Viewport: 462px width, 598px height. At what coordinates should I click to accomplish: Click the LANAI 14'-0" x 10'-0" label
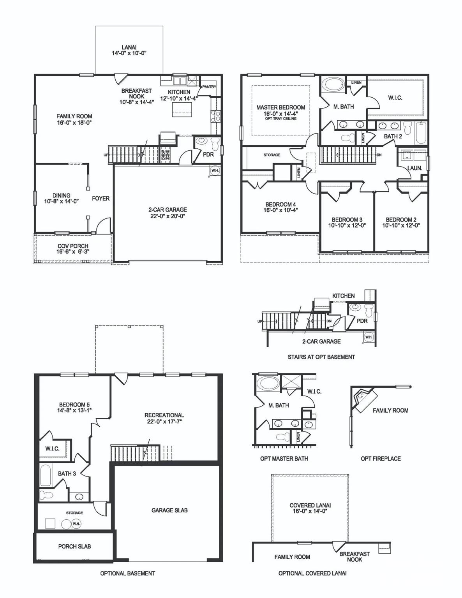click(x=129, y=50)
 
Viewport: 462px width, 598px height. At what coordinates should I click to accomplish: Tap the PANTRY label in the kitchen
click(x=209, y=87)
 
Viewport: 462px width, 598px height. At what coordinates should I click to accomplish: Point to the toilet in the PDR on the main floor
click(x=215, y=144)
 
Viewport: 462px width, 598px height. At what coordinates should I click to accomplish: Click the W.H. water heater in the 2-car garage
click(x=215, y=170)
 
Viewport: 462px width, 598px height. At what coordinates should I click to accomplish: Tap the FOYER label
click(x=101, y=199)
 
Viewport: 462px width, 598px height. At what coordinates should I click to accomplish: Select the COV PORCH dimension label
click(x=73, y=249)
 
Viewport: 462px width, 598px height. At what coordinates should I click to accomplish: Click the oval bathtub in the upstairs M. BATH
click(x=332, y=84)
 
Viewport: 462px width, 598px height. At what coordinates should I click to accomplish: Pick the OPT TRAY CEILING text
click(x=280, y=118)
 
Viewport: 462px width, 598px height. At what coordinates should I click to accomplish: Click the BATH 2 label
click(x=393, y=136)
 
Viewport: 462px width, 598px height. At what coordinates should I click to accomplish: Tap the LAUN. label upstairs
click(x=414, y=168)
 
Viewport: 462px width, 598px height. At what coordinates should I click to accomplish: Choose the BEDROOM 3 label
click(x=347, y=222)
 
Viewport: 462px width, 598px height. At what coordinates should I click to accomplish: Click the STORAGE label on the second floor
click(x=272, y=155)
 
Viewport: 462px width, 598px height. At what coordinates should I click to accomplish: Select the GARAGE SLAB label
click(x=169, y=510)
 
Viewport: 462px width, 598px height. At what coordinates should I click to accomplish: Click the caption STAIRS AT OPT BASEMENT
click(x=321, y=357)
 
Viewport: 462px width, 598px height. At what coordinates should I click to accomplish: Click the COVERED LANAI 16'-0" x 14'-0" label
click(x=310, y=508)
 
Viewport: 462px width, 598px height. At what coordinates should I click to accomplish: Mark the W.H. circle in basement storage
click(x=76, y=524)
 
